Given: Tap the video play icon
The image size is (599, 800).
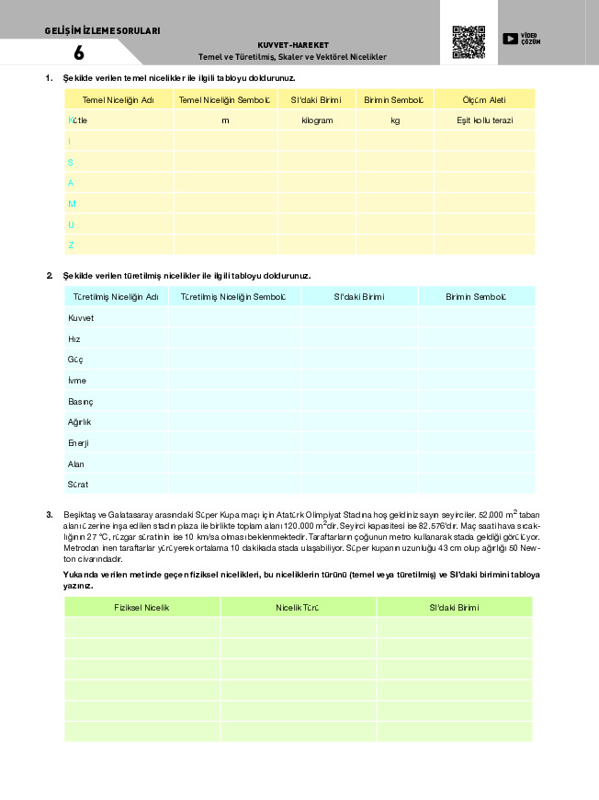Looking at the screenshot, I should click(x=510, y=39).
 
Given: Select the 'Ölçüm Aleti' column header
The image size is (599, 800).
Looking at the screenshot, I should click(x=484, y=99).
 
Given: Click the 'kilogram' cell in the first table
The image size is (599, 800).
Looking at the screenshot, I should click(x=317, y=120).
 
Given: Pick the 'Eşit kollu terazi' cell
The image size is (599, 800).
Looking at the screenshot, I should click(x=484, y=120).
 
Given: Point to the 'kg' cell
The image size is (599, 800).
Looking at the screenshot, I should click(x=395, y=120).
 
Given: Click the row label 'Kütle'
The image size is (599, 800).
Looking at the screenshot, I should click(x=78, y=120).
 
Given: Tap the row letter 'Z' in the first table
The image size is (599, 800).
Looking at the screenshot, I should click(x=71, y=246).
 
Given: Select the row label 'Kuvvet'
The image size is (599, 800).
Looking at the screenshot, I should click(x=81, y=318).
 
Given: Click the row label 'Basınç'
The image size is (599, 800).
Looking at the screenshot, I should click(x=81, y=402).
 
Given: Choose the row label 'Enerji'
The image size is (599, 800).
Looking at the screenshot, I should click(x=78, y=443).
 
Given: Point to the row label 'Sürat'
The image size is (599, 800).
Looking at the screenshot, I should click(x=78, y=485).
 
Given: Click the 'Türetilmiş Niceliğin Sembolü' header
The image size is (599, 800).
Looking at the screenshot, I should click(x=233, y=297).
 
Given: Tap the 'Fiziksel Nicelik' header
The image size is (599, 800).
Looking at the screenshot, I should click(x=141, y=608).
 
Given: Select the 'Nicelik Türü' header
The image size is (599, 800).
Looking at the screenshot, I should click(x=298, y=608).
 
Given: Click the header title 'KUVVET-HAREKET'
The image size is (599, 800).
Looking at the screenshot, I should click(x=293, y=44).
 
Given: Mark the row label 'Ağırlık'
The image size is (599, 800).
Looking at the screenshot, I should click(x=80, y=422).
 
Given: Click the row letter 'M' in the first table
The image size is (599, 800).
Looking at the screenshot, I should click(x=72, y=203).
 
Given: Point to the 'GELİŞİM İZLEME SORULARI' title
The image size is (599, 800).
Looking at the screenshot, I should click(x=102, y=30).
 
